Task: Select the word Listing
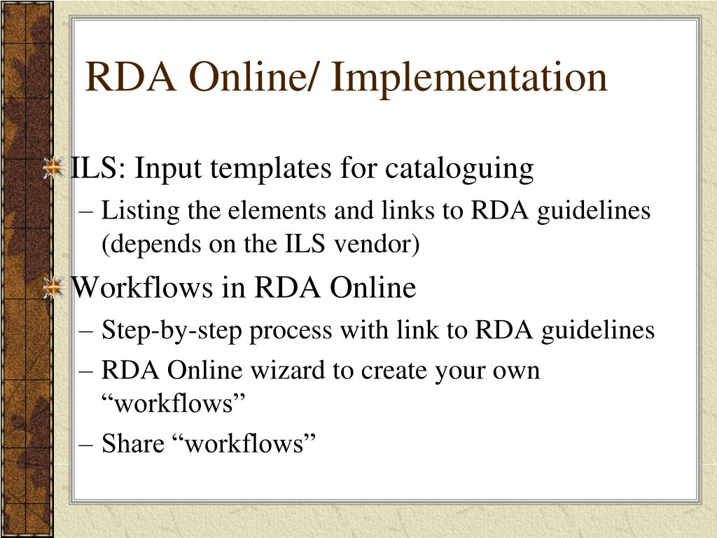[134, 210]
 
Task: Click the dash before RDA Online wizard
[88, 370]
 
